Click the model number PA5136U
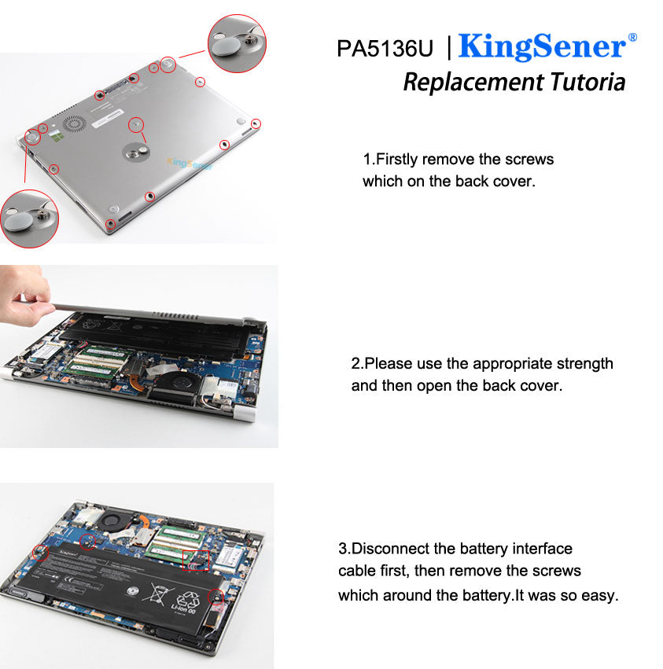point(385,49)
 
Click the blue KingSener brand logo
point(541,47)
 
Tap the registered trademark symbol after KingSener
point(632,37)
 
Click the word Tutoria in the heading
point(587,82)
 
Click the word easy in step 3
point(600,595)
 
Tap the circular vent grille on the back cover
point(74,125)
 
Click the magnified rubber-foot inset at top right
point(237,44)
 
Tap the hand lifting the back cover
point(22,296)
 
